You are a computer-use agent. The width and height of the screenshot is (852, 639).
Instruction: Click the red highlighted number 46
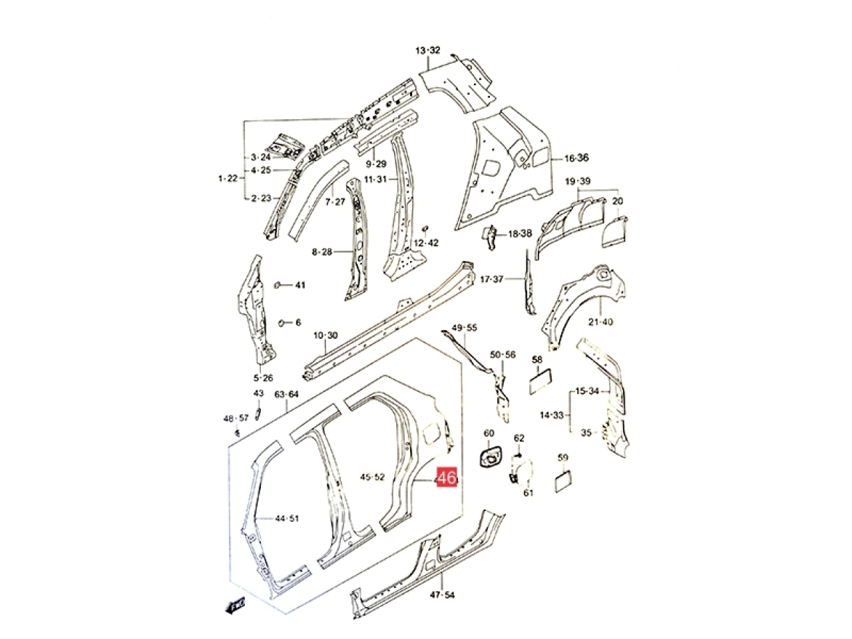pos(446,478)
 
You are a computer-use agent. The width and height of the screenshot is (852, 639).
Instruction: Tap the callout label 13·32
pos(428,51)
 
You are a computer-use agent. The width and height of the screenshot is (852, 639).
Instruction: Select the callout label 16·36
pos(576,158)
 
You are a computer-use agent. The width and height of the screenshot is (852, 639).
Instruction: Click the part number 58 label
pos(537,359)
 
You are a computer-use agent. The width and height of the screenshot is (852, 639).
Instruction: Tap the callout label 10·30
pos(325,335)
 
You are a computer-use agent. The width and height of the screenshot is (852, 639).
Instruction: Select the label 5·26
pos(263,378)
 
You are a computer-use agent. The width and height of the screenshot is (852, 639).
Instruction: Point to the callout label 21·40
pos(601,322)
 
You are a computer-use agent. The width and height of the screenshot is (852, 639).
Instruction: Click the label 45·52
pos(372,477)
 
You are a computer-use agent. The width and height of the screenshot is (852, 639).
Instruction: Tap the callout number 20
pos(618,201)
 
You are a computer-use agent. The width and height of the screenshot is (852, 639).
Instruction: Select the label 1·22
pos(228,178)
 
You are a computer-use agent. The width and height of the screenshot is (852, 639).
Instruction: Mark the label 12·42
pos(426,242)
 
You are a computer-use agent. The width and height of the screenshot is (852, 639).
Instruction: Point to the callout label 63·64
pos(287,394)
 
